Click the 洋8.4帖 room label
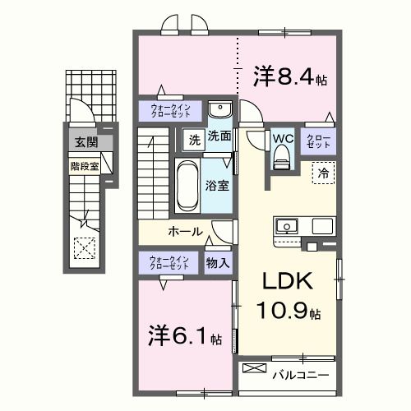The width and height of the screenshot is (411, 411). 290,78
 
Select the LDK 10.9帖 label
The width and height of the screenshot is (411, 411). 288,296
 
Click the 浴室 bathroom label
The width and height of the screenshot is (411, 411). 218,186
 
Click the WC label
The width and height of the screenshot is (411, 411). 283,138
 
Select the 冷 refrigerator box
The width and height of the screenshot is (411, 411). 323,173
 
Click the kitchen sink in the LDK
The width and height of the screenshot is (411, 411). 289,226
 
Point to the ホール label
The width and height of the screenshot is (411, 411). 185,232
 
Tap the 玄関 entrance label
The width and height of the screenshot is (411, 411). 85,142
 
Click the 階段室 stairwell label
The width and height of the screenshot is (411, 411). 84,164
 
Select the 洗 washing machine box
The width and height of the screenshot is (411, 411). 194,138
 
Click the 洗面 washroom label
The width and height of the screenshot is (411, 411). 219,136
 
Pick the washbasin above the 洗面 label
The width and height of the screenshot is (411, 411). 219,111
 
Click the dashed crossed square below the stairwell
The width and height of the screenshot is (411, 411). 84,246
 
